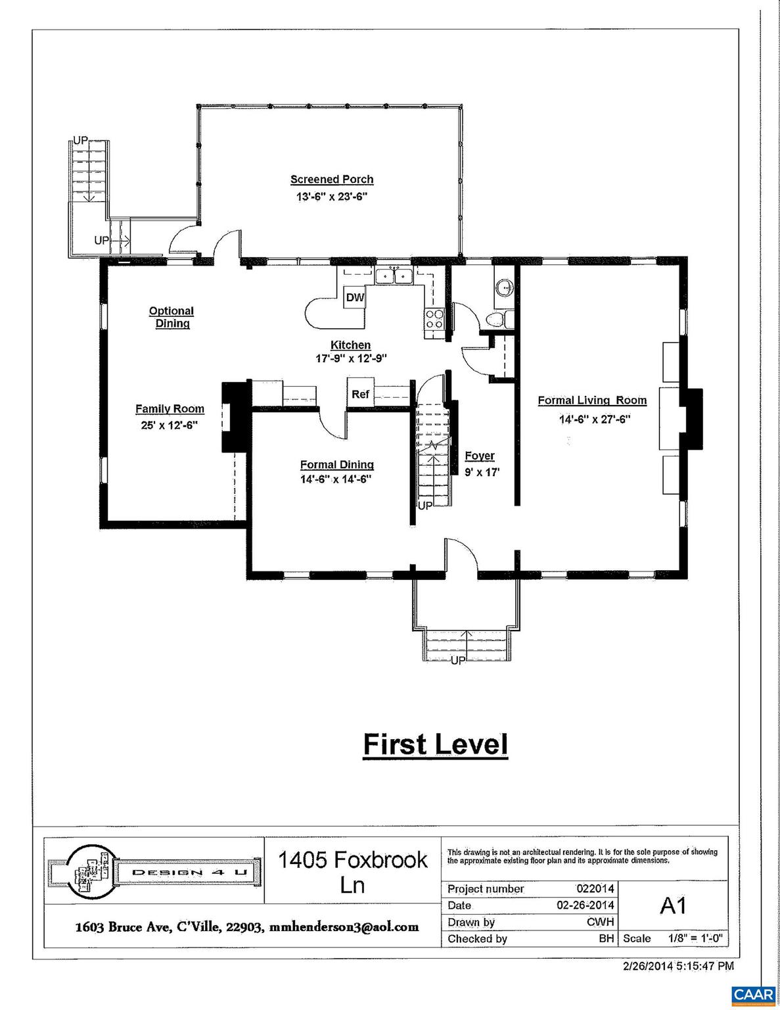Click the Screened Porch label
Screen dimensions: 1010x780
click(x=332, y=180)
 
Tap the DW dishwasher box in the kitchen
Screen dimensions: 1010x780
click(x=355, y=298)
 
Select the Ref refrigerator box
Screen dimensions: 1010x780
click(x=360, y=395)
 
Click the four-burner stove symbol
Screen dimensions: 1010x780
click(x=434, y=319)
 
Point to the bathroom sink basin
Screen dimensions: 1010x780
click(x=503, y=288)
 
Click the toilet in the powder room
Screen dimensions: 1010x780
click(x=493, y=320)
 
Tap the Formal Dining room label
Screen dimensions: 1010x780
click(x=336, y=465)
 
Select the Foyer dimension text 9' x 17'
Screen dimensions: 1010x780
click(x=479, y=471)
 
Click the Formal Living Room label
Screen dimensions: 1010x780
click(x=592, y=400)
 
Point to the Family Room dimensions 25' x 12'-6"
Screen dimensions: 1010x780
click(x=170, y=425)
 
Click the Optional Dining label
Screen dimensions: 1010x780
click(x=172, y=317)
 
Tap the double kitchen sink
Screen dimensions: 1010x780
click(x=394, y=276)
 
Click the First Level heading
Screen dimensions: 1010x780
click(x=436, y=745)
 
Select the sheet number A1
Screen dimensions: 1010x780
click(x=673, y=905)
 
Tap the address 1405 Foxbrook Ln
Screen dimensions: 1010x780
click(x=352, y=871)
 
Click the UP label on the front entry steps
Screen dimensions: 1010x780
click(x=458, y=660)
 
